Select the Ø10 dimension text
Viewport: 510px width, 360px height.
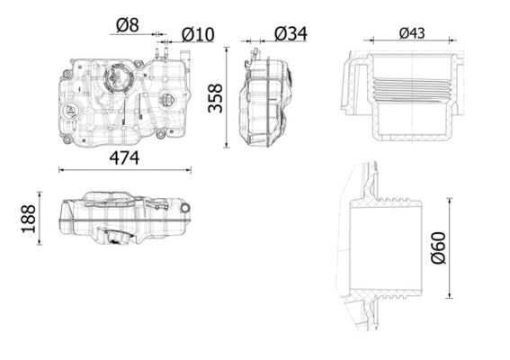pyautogui.click(x=198, y=33)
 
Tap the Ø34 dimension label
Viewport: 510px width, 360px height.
pyautogui.click(x=290, y=32)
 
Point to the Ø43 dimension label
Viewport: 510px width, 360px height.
pyautogui.click(x=411, y=33)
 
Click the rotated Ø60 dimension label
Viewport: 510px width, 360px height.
pyautogui.click(x=438, y=247)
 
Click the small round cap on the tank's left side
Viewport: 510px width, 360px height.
pyautogui.click(x=71, y=111)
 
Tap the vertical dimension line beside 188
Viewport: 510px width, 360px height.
pyautogui.click(x=40, y=217)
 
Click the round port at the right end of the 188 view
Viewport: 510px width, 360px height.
pyautogui.click(x=185, y=208)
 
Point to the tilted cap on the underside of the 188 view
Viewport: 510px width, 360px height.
pyautogui.click(x=116, y=238)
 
